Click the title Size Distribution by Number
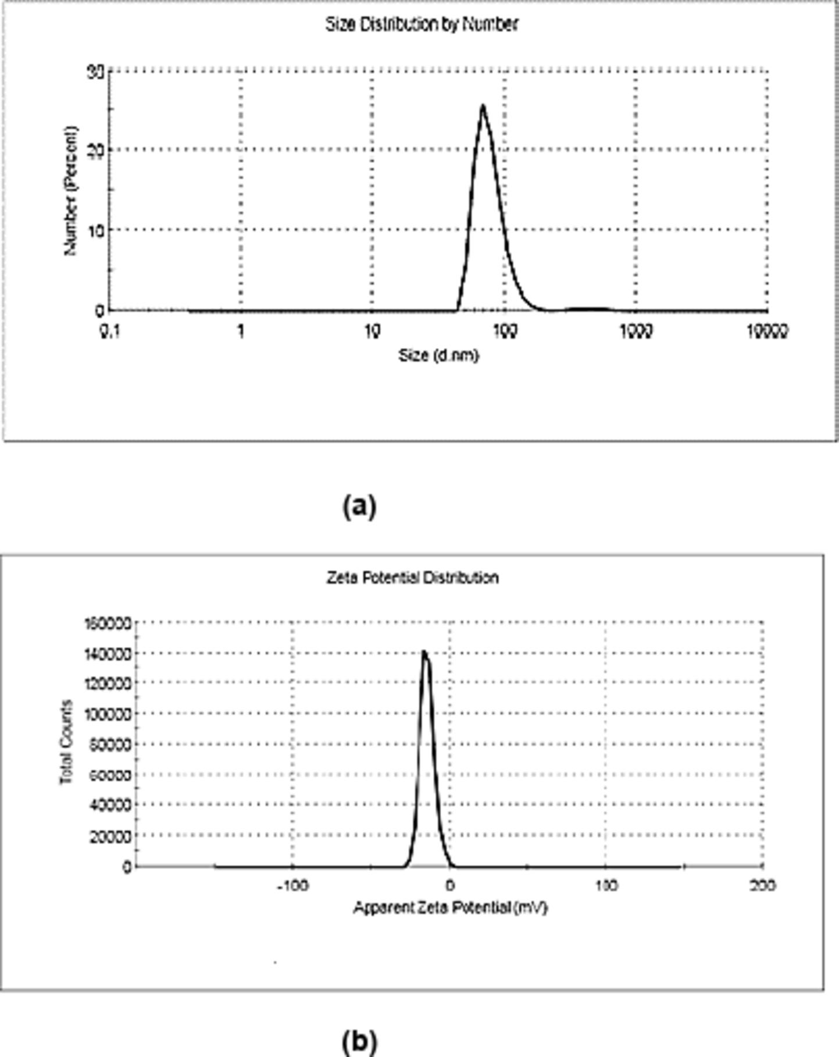(x=421, y=24)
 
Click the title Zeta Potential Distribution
(x=412, y=578)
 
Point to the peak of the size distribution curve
(x=483, y=106)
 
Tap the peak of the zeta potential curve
(x=424, y=652)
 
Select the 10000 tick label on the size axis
(x=767, y=332)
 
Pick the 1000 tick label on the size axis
(x=636, y=332)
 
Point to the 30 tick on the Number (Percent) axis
(x=95, y=72)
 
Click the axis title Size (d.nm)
(x=438, y=355)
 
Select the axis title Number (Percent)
(x=70, y=190)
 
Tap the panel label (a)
(x=360, y=506)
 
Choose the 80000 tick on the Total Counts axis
(x=110, y=744)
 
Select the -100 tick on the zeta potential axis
(x=292, y=885)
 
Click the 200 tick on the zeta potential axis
(x=762, y=885)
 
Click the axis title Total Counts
(x=66, y=742)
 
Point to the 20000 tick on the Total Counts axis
(x=110, y=836)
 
